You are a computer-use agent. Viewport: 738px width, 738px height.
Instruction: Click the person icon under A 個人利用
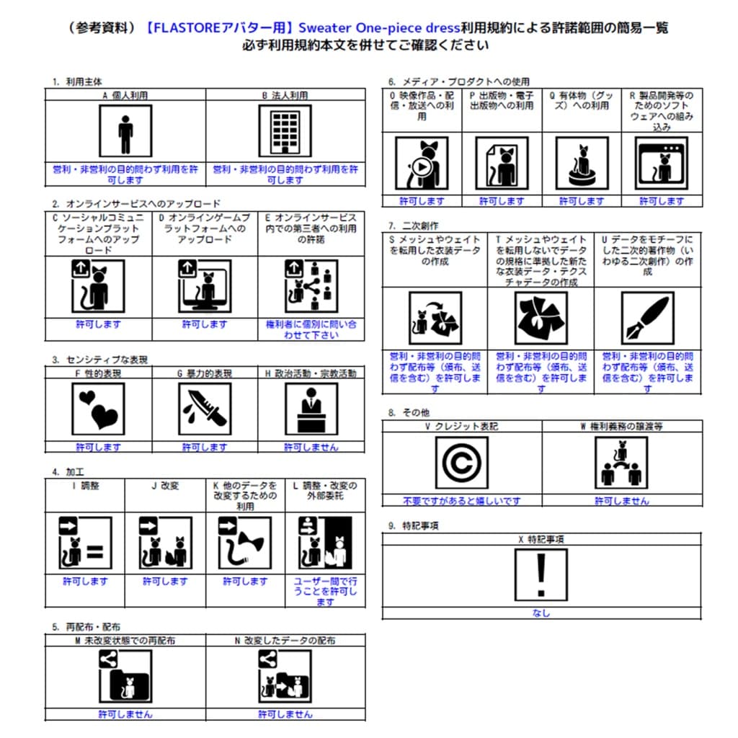point(125,130)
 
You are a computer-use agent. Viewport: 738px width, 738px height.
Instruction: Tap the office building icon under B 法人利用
point(285,130)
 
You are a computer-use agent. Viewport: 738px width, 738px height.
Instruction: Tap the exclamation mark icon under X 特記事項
point(541,574)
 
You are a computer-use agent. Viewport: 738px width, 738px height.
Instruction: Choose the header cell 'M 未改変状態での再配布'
point(125,640)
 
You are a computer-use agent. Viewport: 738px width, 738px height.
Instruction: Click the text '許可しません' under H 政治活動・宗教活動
point(311,447)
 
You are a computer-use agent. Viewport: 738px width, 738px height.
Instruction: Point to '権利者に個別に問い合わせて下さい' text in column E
point(311,329)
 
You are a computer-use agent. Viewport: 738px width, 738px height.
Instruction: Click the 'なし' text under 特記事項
point(541,613)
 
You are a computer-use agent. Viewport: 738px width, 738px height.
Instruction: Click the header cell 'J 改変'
point(164,486)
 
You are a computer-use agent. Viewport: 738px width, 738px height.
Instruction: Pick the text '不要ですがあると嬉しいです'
point(461,500)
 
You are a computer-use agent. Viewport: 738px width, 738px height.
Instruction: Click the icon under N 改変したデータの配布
point(285,677)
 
